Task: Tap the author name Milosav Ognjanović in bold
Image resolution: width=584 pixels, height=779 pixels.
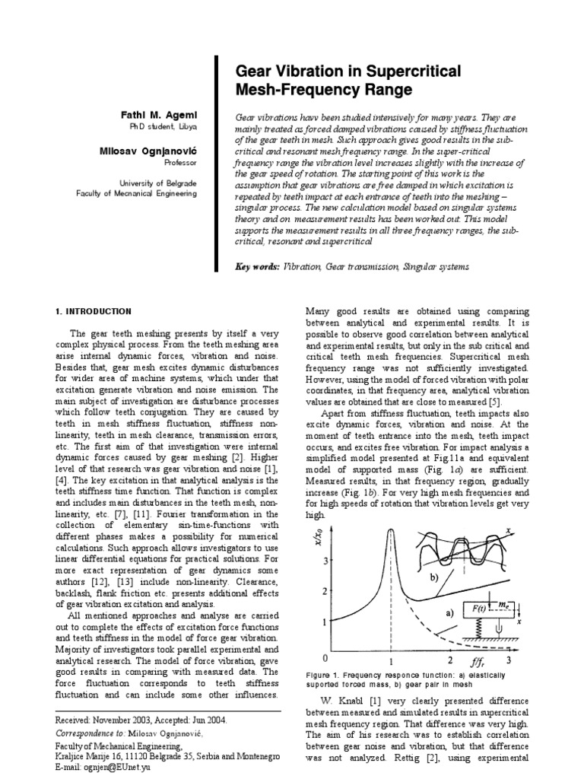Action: (x=149, y=151)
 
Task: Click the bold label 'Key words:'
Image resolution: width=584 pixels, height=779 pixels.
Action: (x=258, y=267)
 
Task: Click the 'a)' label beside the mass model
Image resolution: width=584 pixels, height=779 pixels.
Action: (x=449, y=611)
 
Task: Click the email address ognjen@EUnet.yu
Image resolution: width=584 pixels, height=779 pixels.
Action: (x=113, y=769)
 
